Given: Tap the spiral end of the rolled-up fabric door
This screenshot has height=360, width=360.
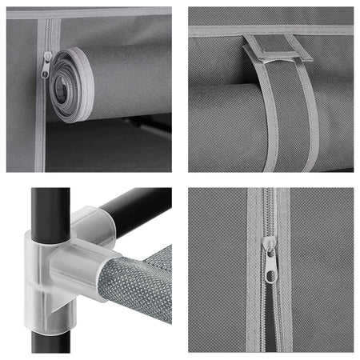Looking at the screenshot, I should tap(70, 85).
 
